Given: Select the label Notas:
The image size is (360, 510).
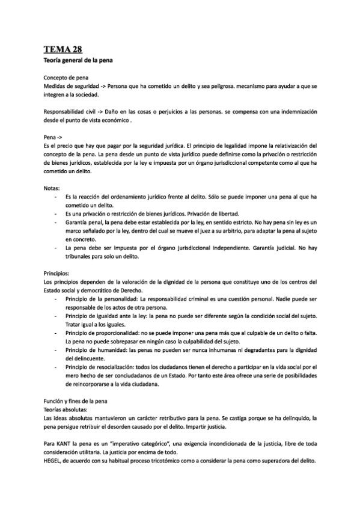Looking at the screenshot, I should click(x=52, y=188).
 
